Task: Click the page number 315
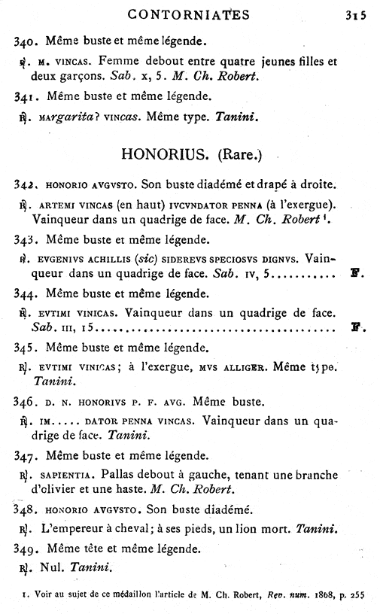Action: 355,14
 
